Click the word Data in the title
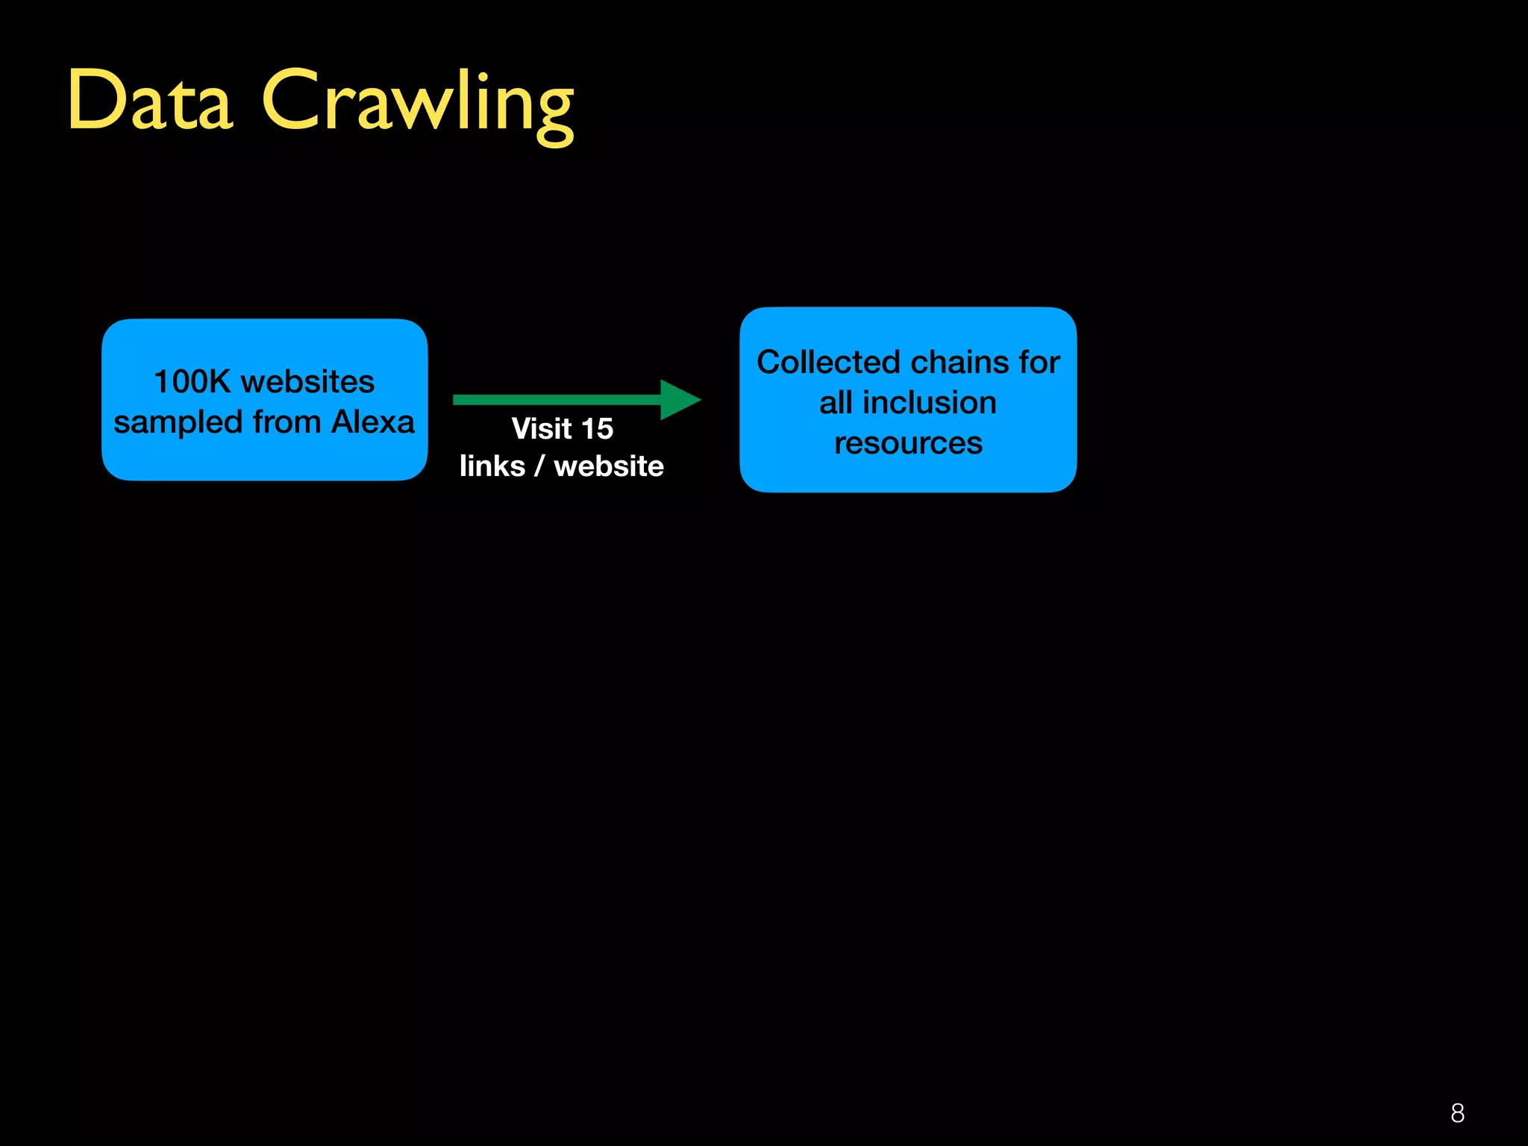click(x=150, y=101)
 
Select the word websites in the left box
click(x=307, y=382)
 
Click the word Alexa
click(x=372, y=422)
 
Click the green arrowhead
click(x=678, y=400)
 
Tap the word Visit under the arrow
click(x=542, y=429)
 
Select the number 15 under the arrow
click(x=597, y=429)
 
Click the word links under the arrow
click(x=492, y=466)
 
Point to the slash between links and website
click(x=539, y=466)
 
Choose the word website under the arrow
click(x=609, y=466)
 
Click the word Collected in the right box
click(x=828, y=363)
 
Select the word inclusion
click(x=929, y=403)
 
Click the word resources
click(x=908, y=443)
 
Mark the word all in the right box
click(x=836, y=403)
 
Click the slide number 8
click(x=1457, y=1113)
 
